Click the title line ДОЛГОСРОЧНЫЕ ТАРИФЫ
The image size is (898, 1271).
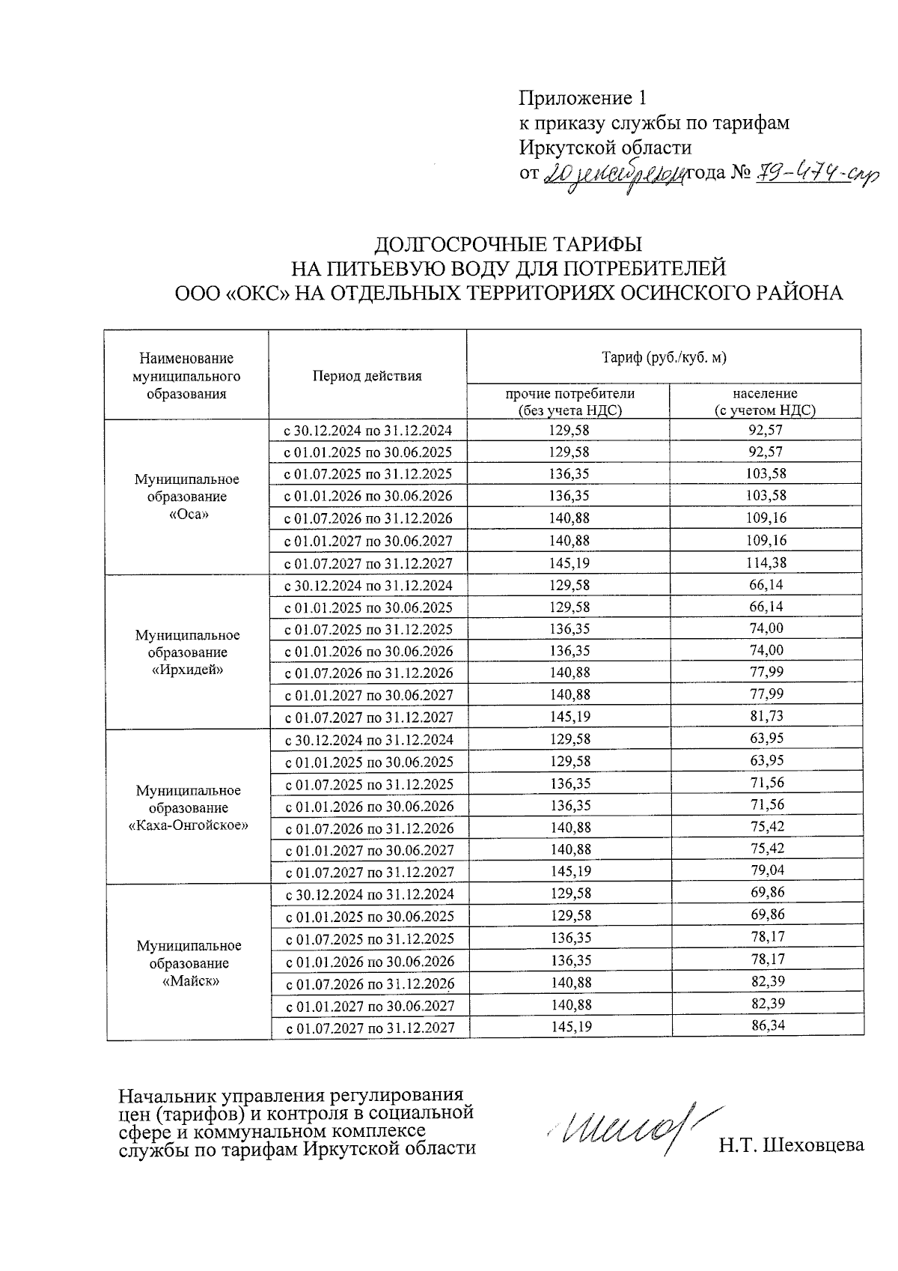(508, 245)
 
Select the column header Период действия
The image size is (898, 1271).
(367, 376)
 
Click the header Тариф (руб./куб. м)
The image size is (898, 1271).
(664, 357)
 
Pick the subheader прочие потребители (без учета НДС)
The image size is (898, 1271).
(569, 401)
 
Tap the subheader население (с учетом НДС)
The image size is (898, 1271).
(765, 401)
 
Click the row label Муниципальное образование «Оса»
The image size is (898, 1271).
(186, 497)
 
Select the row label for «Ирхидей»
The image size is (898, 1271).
(187, 652)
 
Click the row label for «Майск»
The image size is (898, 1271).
(189, 963)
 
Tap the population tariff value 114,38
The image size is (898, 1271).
(766, 562)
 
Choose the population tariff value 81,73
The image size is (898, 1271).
(766, 716)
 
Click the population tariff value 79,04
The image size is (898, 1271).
(767, 870)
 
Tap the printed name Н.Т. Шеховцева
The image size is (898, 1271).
(791, 1145)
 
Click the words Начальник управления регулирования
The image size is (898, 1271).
(291, 1096)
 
